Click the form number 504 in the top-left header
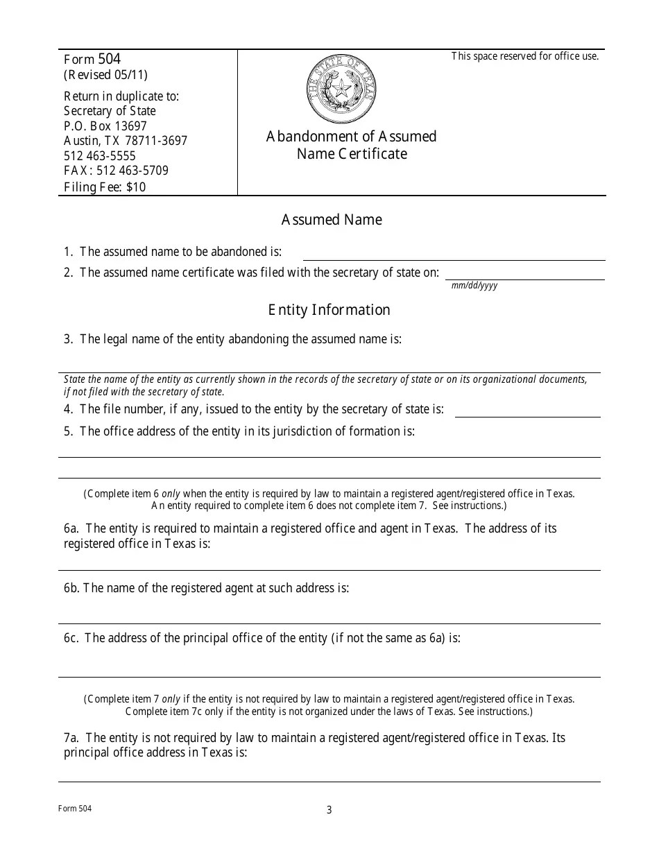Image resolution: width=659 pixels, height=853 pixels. pyautogui.click(x=110, y=60)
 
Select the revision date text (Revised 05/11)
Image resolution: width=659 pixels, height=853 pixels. pyautogui.click(x=105, y=76)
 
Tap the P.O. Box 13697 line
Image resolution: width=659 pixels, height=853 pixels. pyautogui.click(x=105, y=126)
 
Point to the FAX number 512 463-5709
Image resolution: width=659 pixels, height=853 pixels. pyautogui.click(x=116, y=171)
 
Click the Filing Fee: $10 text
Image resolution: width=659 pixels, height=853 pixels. pyautogui.click(x=105, y=187)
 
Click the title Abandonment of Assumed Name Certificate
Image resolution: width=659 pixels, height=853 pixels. pyautogui.click(x=352, y=145)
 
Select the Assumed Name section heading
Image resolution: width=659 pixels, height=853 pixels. pyautogui.click(x=332, y=220)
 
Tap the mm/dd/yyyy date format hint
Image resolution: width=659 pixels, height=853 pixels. pyautogui.click(x=474, y=285)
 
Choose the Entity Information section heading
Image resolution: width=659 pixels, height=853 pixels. pyautogui.click(x=329, y=310)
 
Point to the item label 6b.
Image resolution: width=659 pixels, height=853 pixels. pyautogui.click(x=72, y=588)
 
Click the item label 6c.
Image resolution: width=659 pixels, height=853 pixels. pyautogui.click(x=71, y=638)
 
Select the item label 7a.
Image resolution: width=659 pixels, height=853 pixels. pyautogui.click(x=72, y=738)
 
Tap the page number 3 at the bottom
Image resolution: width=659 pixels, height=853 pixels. pyautogui.click(x=329, y=810)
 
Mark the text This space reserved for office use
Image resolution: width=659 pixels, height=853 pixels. pyautogui.click(x=524, y=57)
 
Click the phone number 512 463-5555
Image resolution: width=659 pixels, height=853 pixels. pyautogui.click(x=100, y=156)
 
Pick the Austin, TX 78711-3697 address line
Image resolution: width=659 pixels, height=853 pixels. pyautogui.click(x=126, y=141)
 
